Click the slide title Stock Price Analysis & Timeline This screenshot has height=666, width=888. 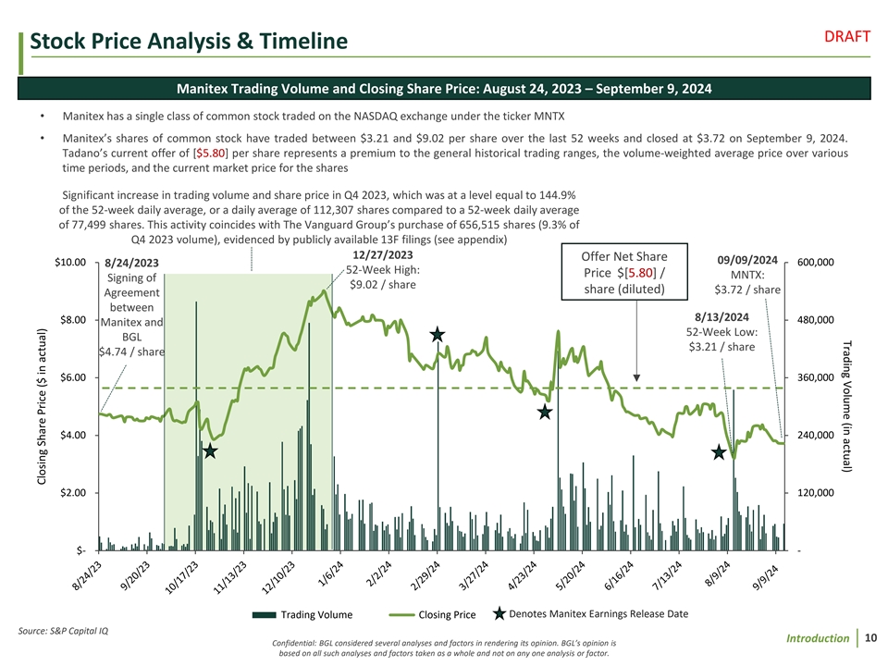[x=189, y=42]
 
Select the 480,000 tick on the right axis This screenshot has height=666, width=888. [x=815, y=320]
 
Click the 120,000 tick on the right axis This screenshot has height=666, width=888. [x=815, y=493]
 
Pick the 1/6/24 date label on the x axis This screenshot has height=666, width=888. [x=330, y=573]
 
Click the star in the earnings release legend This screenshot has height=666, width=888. [x=499, y=612]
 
